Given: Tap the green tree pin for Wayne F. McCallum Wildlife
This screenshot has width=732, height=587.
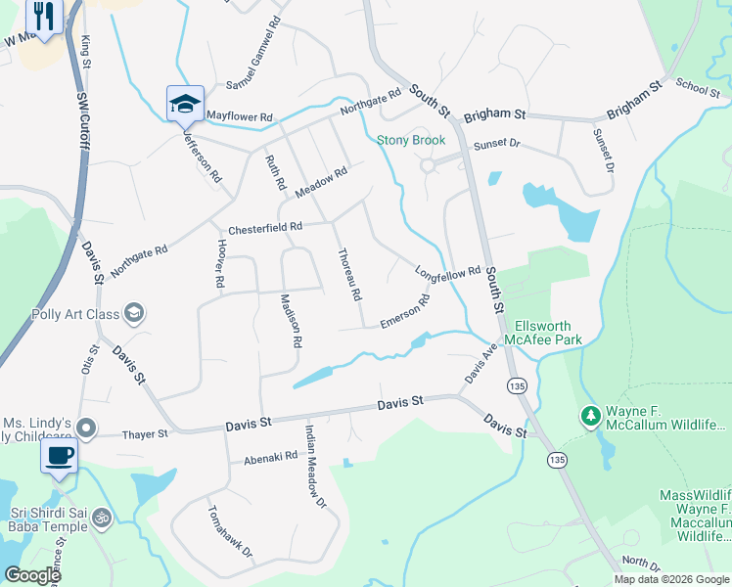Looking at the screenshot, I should click(x=590, y=418).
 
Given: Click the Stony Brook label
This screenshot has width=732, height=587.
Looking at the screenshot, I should click(x=411, y=140).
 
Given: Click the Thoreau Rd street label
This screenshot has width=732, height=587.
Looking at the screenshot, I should click(x=349, y=275).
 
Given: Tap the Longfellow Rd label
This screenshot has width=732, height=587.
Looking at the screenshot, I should click(x=447, y=273).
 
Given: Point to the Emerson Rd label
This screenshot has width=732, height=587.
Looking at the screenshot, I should click(x=405, y=312).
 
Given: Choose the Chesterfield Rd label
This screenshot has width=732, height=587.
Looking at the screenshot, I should click(x=265, y=228).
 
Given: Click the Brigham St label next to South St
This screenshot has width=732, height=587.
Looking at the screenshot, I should click(x=494, y=114).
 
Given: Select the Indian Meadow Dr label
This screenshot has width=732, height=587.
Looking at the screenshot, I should click(x=314, y=468).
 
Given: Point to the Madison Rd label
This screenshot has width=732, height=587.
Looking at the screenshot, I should click(x=291, y=322).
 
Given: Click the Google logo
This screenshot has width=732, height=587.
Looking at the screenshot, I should click(x=31, y=575).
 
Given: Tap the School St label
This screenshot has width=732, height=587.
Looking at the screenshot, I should click(x=697, y=87).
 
